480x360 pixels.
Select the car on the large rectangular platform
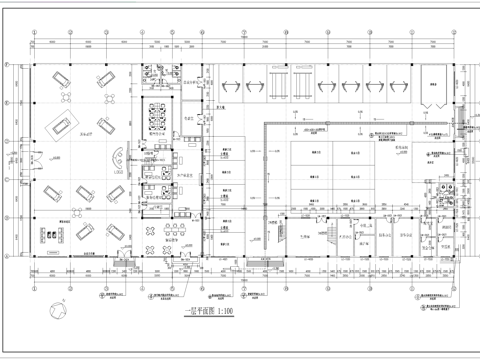click(61, 125)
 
